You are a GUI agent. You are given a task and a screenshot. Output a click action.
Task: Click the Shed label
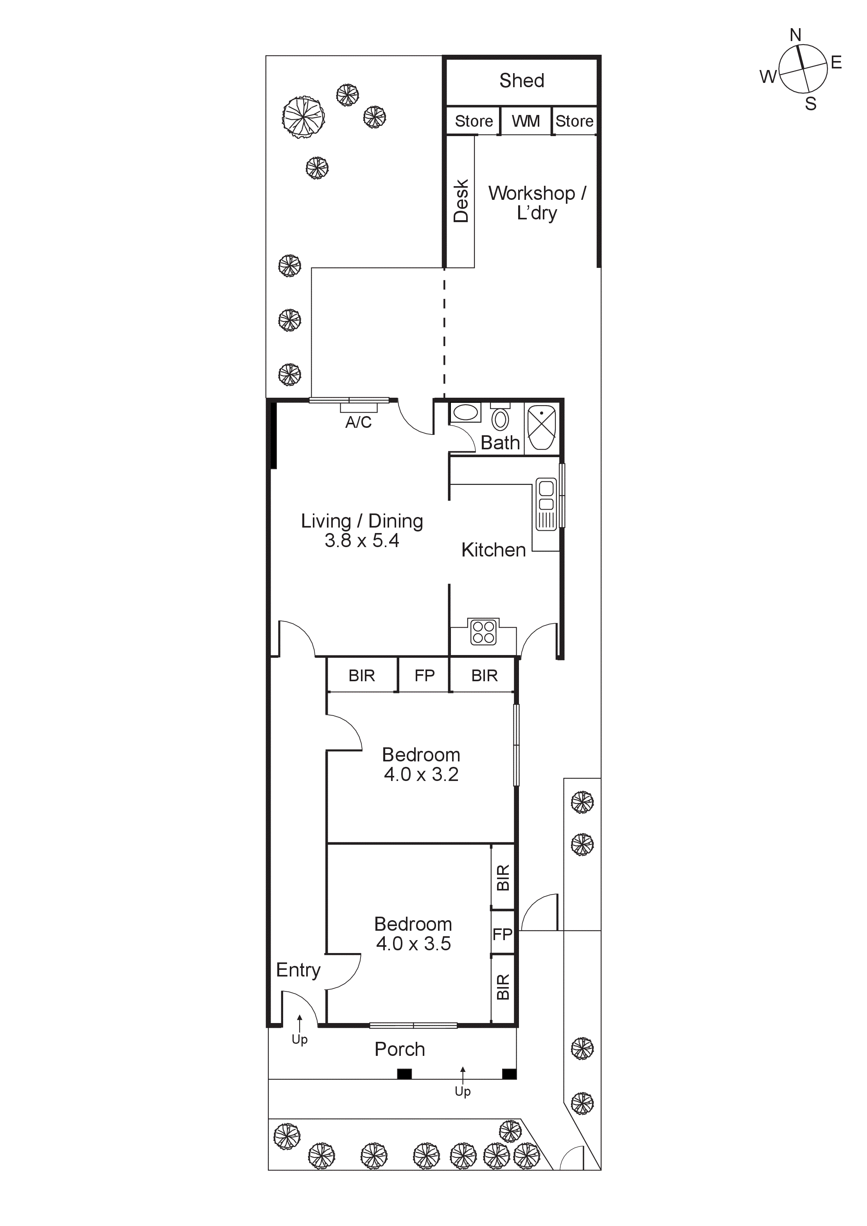[x=522, y=81]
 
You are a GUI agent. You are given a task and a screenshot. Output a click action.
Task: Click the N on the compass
[x=795, y=35]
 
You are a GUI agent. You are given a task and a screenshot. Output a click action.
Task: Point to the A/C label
[x=358, y=422]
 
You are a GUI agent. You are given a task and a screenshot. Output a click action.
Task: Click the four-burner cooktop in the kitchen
[x=483, y=632]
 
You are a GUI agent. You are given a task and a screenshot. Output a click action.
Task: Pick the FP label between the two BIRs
[x=424, y=676]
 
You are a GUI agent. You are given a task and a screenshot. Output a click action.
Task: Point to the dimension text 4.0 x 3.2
[x=421, y=774]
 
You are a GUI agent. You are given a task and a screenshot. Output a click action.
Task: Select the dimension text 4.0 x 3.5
[x=413, y=944]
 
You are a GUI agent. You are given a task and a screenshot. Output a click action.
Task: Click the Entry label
[x=298, y=970]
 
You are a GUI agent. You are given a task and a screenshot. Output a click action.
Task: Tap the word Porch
[x=399, y=1049]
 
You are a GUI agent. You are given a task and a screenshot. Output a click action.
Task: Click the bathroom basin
[x=465, y=413]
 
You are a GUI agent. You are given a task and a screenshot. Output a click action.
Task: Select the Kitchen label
[x=493, y=550]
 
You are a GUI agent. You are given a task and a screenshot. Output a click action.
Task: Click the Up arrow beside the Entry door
[x=300, y=1024]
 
